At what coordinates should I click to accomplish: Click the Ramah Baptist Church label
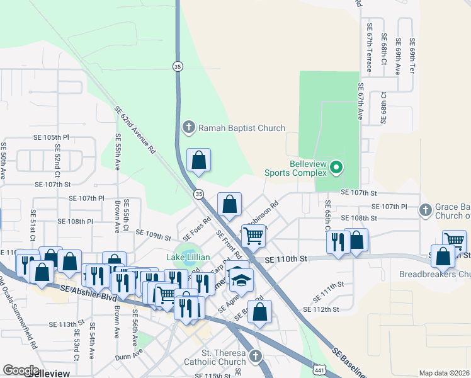(242, 128)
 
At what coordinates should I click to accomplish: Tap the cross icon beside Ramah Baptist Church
(188, 128)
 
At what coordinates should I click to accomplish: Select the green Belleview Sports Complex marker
(336, 168)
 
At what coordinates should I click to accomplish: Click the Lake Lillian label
(188, 257)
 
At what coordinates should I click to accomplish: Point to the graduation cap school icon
(240, 280)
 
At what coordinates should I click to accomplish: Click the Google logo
(21, 370)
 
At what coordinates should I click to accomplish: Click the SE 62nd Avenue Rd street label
(135, 130)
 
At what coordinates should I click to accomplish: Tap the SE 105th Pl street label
(52, 137)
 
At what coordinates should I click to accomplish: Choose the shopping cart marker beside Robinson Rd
(253, 236)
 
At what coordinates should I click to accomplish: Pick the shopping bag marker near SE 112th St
(260, 311)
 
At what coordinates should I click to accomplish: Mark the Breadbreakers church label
(434, 275)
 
